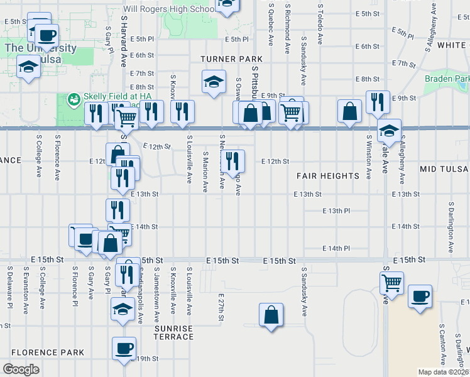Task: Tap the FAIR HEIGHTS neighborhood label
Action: click(327, 176)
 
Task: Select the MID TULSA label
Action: click(444, 170)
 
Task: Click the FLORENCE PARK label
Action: click(47, 352)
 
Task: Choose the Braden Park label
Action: click(447, 79)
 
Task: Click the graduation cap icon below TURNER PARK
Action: click(214, 81)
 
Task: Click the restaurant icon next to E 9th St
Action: click(377, 102)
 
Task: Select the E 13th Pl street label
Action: click(335, 211)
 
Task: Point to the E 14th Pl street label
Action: click(335, 248)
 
